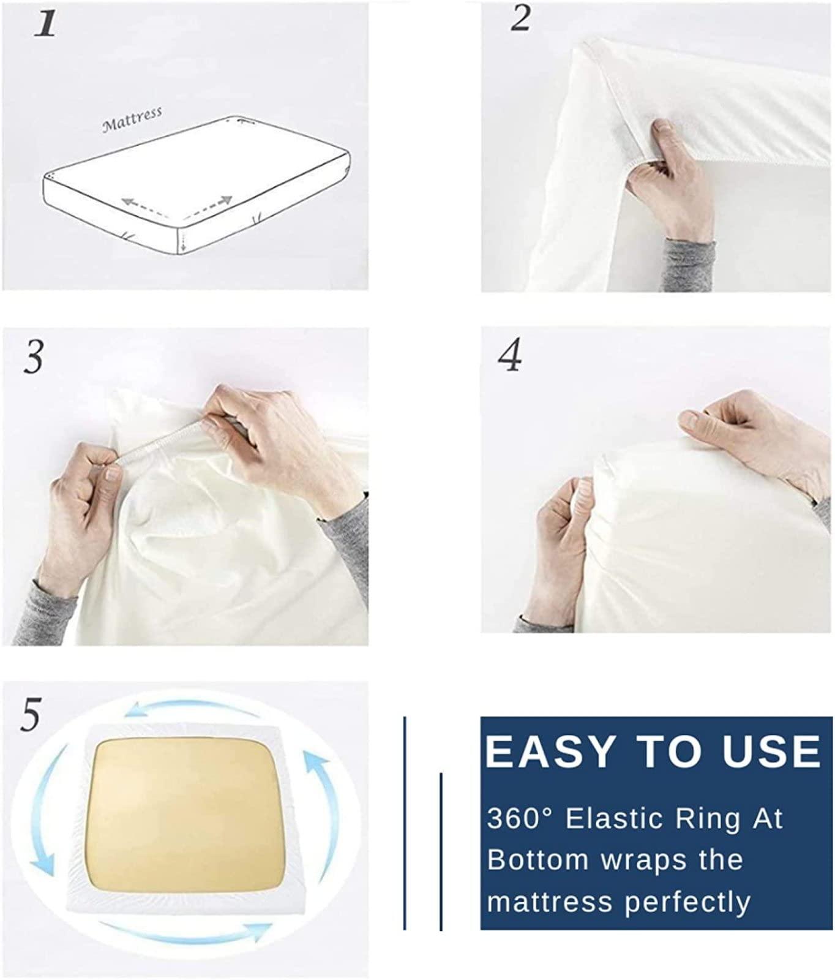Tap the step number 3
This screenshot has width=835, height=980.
point(34,356)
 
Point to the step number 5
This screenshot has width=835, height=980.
point(31,715)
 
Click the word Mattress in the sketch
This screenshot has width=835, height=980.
point(132,119)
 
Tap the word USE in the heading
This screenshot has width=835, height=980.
point(771,751)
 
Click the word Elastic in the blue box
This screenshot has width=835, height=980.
point(622,819)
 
